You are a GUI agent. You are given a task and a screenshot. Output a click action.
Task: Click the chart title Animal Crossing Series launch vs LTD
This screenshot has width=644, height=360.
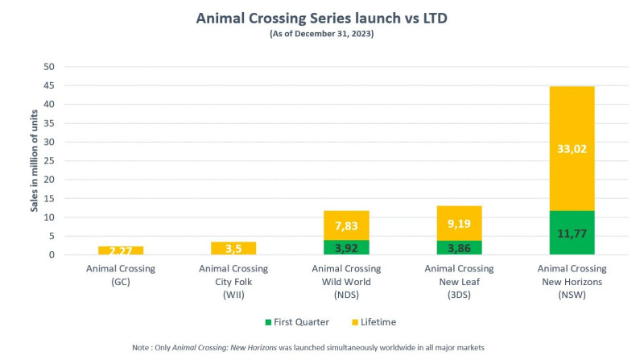coord(321,19)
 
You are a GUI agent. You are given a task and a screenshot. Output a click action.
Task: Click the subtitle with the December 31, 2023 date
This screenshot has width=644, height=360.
coord(321,35)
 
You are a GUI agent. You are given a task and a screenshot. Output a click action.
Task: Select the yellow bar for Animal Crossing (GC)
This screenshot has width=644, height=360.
coord(121,250)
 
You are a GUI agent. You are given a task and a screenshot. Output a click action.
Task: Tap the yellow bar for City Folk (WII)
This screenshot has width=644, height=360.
coord(233,248)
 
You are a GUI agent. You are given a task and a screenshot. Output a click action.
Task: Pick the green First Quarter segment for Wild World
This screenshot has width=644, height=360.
coord(347,247)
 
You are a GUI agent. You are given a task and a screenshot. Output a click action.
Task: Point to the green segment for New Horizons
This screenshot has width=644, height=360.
coord(572,233)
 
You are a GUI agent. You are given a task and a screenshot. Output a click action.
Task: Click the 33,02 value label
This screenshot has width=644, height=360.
coord(572,147)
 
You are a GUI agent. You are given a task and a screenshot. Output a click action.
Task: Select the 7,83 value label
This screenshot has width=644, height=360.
coord(347,226)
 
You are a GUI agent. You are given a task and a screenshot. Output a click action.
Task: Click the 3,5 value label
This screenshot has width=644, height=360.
coord(233,248)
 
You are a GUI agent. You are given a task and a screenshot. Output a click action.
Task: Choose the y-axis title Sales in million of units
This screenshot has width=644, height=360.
coord(35,161)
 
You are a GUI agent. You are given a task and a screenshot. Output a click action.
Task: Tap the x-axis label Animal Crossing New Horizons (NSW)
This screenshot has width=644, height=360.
coord(572,280)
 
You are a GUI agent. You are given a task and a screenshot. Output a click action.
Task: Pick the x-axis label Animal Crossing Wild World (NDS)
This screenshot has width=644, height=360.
coord(347,280)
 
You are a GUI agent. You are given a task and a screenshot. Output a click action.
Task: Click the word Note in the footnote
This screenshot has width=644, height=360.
coord(142,346)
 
